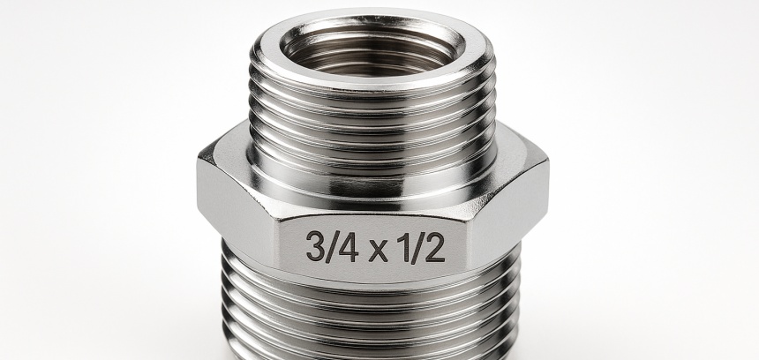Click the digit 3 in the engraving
pos(315,246)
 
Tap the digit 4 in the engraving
pos(348,246)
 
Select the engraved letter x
pos(379,251)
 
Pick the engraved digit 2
pos(435,247)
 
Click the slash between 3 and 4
pos(332,247)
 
